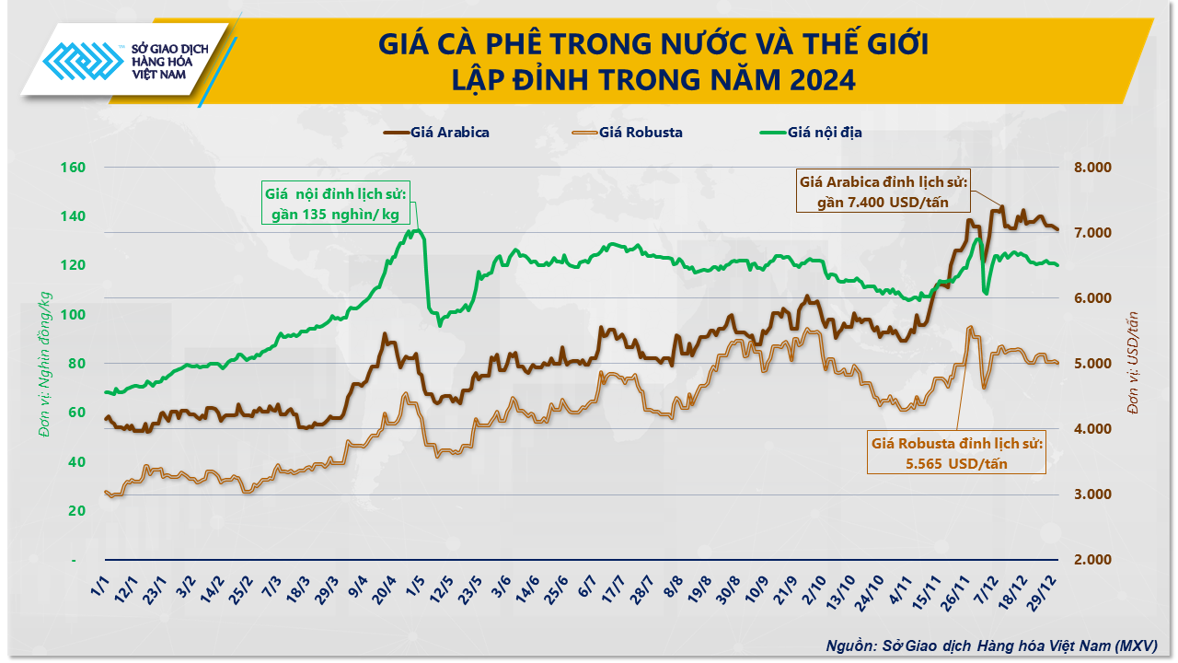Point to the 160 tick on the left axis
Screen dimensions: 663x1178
pyautogui.click(x=74, y=168)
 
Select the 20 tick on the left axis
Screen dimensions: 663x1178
pyautogui.click(x=77, y=511)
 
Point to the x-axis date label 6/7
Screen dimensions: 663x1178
pyautogui.click(x=585, y=587)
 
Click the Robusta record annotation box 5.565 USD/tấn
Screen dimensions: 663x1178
pyautogui.click(x=956, y=453)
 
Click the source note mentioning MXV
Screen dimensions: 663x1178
pyautogui.click(x=991, y=645)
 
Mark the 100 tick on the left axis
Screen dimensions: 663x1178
pyautogui.click(x=74, y=315)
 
